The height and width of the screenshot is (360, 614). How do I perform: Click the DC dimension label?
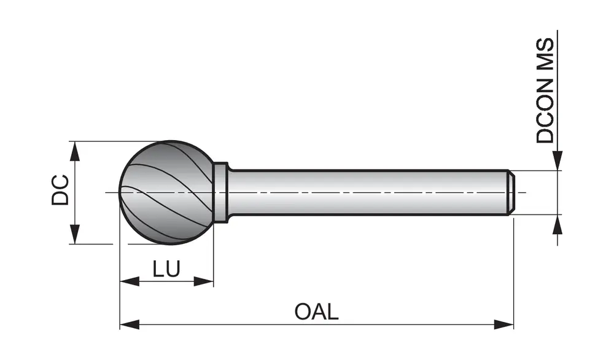[60, 190]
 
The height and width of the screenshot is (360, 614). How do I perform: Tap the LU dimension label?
[166, 268]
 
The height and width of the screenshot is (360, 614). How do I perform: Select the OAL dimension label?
[316, 311]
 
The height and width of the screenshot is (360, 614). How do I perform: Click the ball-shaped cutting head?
[166, 192]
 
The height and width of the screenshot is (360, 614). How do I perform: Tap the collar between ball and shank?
[221, 192]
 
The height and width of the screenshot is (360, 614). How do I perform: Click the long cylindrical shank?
[368, 192]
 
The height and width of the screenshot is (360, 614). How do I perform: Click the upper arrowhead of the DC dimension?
[74, 151]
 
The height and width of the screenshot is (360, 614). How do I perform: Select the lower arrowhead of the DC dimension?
[74, 235]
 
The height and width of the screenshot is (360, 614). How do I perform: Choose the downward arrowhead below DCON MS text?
[558, 160]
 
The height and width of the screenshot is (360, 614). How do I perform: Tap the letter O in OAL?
[302, 311]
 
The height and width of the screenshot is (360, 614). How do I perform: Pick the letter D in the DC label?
[60, 198]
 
